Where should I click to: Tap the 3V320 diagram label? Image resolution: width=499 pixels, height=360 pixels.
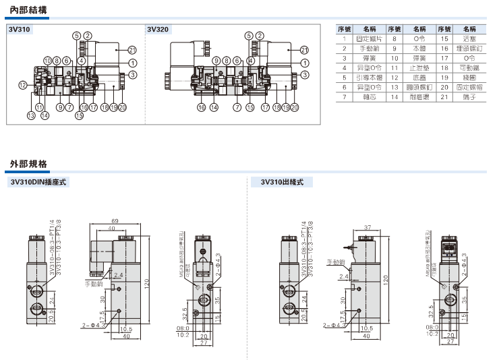tap(157, 30)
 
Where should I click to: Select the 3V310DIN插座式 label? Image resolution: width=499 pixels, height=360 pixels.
tap(40, 182)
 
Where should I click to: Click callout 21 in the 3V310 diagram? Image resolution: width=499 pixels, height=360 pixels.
tap(132, 49)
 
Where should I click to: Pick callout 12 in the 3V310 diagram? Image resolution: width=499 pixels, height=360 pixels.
tap(22, 85)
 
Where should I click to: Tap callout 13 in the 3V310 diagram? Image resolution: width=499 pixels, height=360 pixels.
tap(31, 116)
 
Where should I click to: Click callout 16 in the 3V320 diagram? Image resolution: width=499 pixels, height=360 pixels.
tap(201, 107)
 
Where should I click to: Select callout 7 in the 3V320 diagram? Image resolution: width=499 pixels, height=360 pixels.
tap(237, 107)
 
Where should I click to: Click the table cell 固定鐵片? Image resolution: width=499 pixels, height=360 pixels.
tap(369, 39)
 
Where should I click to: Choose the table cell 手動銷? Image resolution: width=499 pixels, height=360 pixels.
tap(369, 49)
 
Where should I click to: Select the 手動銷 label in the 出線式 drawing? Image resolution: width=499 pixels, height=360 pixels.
tap(336, 262)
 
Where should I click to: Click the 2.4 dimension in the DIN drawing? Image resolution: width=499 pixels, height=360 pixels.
tap(119, 275)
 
